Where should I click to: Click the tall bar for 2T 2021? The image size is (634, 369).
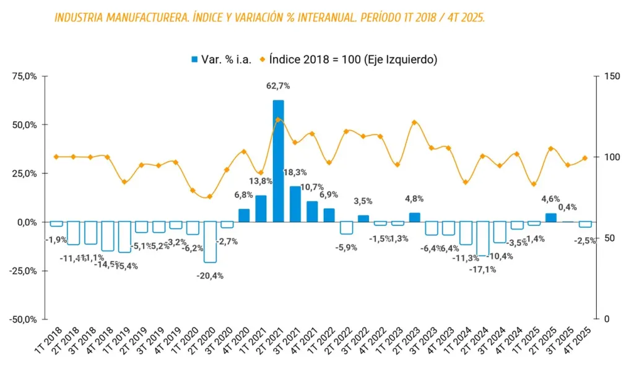[x=278, y=161]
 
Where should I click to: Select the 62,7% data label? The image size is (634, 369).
[x=278, y=86]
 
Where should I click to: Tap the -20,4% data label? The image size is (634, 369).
[x=210, y=276]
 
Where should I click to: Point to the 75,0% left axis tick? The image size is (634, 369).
[x=25, y=76]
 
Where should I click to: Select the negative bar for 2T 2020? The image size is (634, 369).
[x=210, y=242]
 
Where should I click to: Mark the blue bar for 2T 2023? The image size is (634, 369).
[x=414, y=217]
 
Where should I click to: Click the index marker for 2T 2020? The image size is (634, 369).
[x=209, y=197]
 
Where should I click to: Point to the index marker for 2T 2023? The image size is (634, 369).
[x=414, y=123]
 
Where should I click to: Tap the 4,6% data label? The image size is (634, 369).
[x=550, y=199]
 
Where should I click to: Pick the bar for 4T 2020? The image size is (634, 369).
[x=244, y=215]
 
